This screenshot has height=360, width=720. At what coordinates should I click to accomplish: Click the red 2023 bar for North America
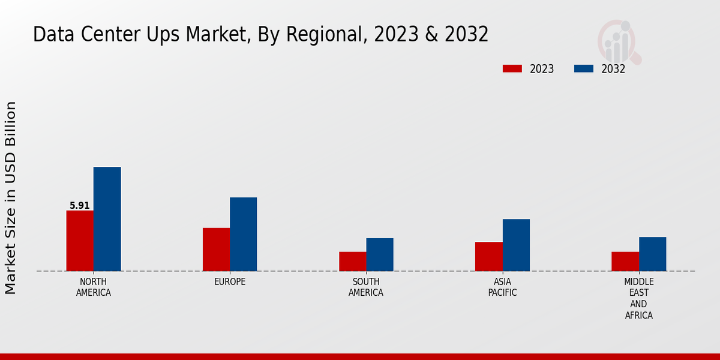tap(80, 241)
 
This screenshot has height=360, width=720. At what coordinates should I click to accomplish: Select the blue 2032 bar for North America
tap(107, 219)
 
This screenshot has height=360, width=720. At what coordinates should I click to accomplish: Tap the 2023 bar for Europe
tap(216, 250)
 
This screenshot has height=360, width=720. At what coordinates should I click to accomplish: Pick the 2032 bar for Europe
tap(243, 234)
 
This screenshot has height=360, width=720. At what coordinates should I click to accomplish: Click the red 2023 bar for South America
tap(352, 262)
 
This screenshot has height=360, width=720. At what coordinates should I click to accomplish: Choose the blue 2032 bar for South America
tap(380, 254)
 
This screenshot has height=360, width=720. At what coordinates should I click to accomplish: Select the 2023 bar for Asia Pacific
tap(488, 256)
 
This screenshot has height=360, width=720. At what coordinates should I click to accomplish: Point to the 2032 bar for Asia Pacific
tap(516, 245)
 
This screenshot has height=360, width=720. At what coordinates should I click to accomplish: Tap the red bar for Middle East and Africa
tap(625, 262)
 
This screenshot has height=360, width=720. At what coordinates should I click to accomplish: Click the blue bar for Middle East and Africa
tap(652, 254)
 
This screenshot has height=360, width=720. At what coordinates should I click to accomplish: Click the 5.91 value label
tap(80, 206)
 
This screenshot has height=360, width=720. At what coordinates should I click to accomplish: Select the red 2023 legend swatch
tap(512, 68)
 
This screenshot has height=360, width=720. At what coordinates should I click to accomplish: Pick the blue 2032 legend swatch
tap(584, 68)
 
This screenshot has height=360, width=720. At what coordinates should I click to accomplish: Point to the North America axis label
tap(94, 287)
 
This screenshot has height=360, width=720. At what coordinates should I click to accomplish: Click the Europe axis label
tap(230, 282)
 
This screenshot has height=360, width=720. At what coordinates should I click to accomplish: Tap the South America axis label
tap(366, 287)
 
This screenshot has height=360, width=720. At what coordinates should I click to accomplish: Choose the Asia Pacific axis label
tap(502, 287)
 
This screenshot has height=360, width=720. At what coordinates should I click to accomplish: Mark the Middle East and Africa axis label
tap(639, 298)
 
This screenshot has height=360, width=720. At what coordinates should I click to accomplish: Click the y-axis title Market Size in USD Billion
tap(11, 198)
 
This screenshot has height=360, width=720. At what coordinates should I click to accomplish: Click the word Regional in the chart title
tap(323, 35)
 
